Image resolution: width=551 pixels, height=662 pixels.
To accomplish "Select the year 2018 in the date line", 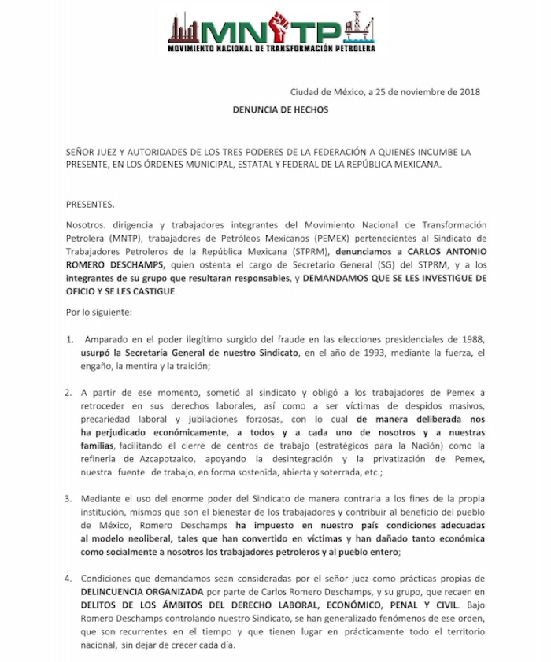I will pos(469,92).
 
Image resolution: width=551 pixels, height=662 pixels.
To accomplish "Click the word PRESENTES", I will pos(91,204).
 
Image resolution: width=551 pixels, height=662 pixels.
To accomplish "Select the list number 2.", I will pos(69,392).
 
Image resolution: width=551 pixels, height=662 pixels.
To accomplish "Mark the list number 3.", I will pos(69,498).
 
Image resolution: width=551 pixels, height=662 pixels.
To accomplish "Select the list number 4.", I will pos(69,579).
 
